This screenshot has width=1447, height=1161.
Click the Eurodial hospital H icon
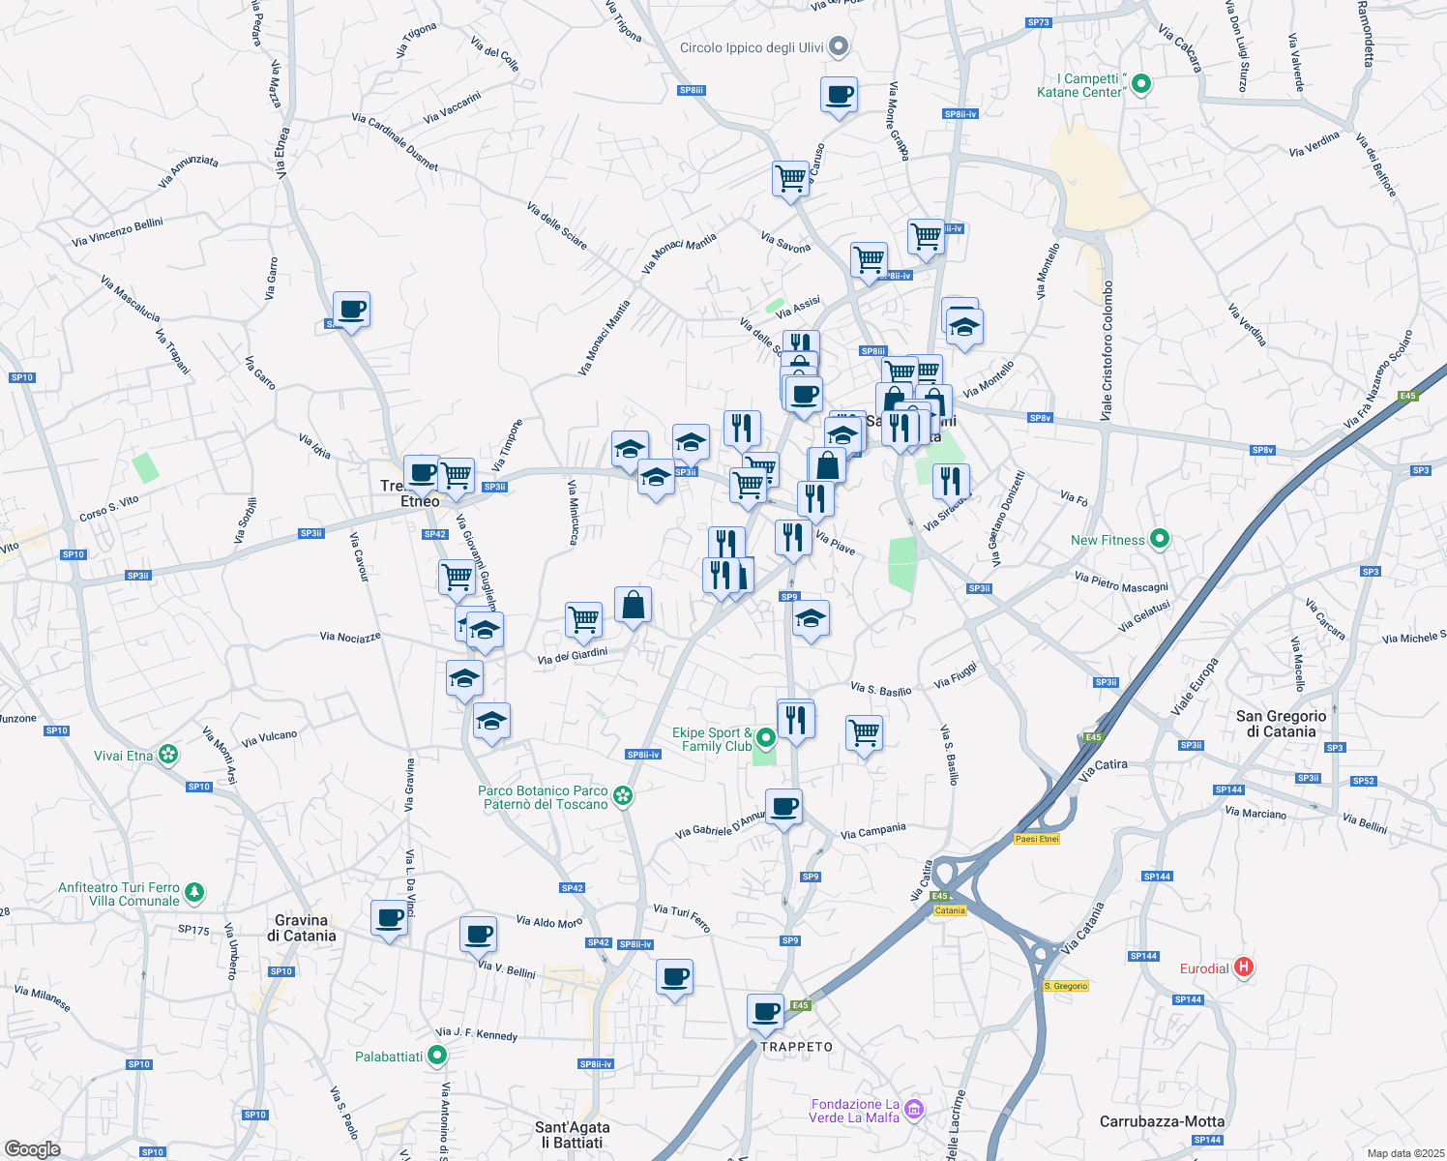point(1244,967)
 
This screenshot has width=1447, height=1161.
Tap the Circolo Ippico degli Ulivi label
point(752,47)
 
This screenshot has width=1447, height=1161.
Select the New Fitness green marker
point(1161,539)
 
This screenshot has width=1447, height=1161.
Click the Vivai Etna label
point(123,756)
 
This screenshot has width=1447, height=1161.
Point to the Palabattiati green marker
point(438,1056)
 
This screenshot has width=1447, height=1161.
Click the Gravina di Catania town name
point(302,928)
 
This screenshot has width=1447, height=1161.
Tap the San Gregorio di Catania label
point(1282,724)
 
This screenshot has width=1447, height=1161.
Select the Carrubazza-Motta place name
point(1162,1121)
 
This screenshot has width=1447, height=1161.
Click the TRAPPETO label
point(796,1047)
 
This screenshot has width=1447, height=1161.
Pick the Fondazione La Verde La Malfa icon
point(914,1108)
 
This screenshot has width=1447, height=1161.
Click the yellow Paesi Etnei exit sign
point(1037,839)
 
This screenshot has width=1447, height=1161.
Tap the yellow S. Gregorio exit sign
point(1066,986)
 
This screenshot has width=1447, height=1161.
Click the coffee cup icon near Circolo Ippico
point(839,95)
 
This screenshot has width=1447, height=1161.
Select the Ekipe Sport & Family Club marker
point(766,738)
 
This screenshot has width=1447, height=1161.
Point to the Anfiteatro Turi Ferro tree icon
point(194,891)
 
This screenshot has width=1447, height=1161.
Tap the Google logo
point(32,1148)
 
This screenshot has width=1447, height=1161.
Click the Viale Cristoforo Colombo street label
point(1108,350)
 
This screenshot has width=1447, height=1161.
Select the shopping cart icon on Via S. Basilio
point(864,732)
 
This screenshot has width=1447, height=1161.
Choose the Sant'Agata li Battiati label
point(572,1134)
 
